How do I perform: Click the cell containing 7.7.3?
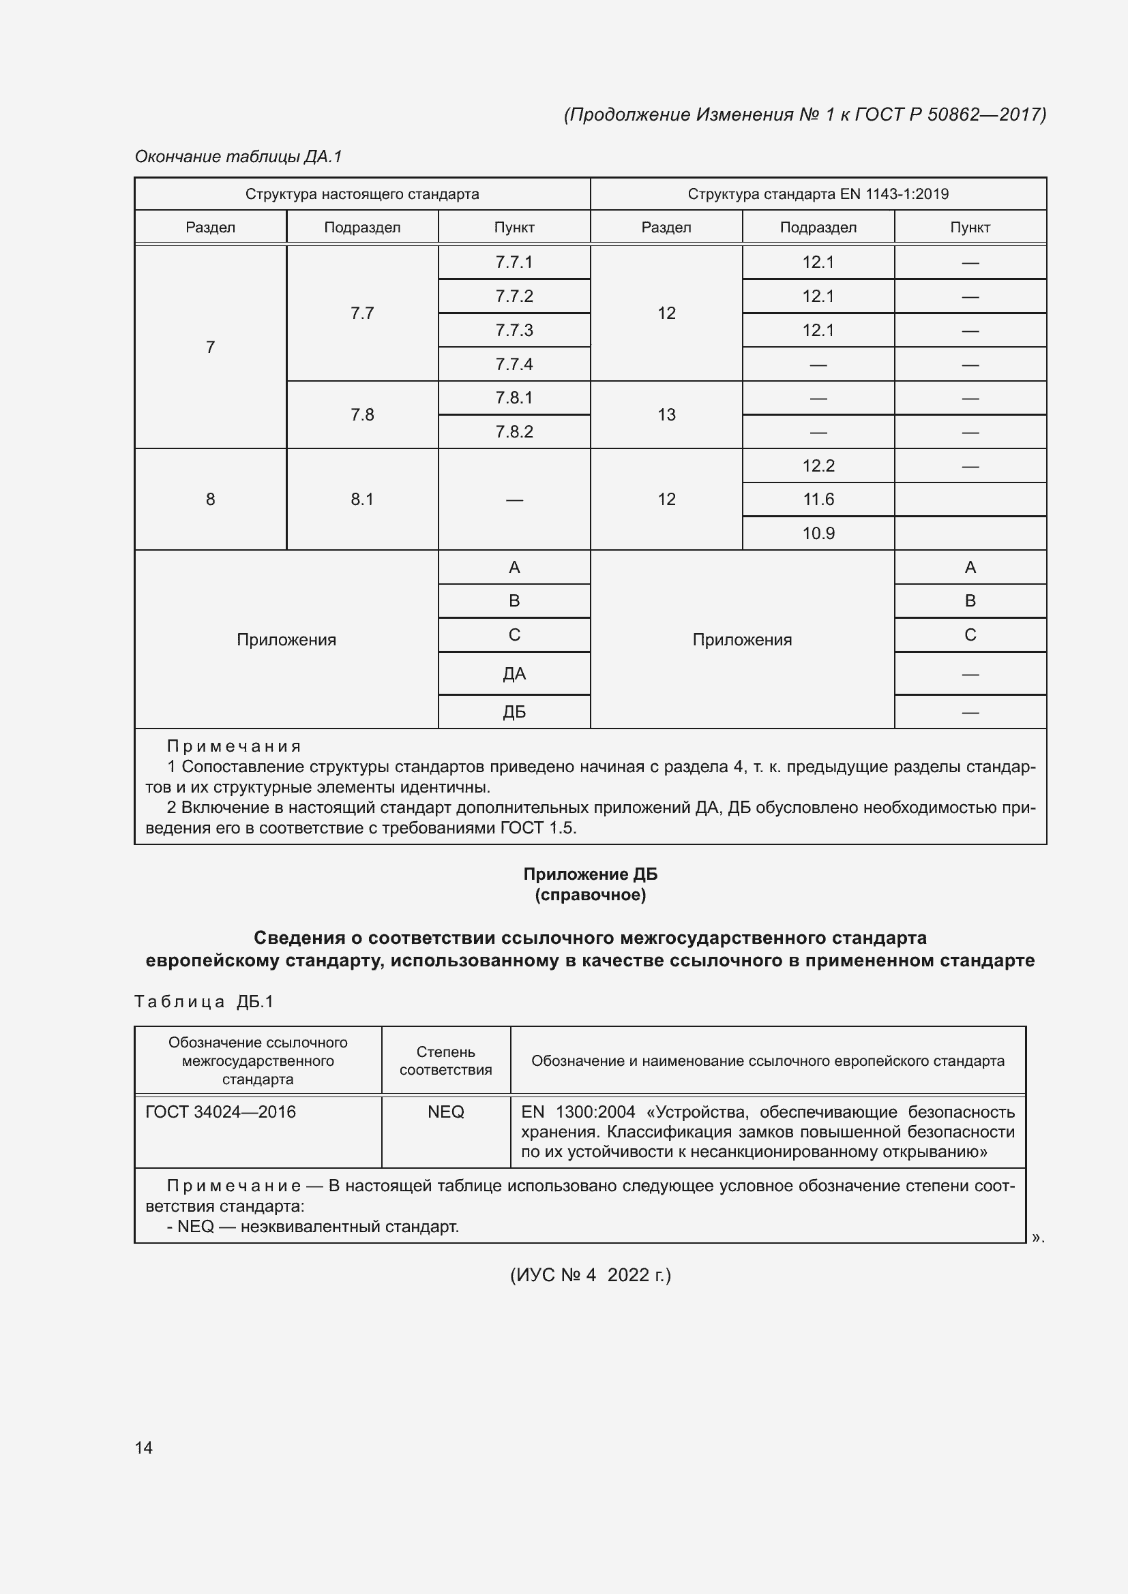pyautogui.click(x=514, y=330)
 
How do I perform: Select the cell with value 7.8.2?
pyautogui.click(x=514, y=432)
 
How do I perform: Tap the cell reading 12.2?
pyautogui.click(x=818, y=466)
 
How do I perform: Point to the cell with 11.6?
pyautogui.click(x=818, y=499)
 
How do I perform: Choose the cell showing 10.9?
pyautogui.click(x=818, y=533)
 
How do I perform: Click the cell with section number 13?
pyautogui.click(x=666, y=414)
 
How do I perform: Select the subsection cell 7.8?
pyautogui.click(x=362, y=414)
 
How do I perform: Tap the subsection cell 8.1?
pyautogui.click(x=362, y=499)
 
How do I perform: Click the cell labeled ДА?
pyautogui.click(x=514, y=673)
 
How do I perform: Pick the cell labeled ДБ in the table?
pyautogui.click(x=514, y=712)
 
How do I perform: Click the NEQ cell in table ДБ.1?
pyautogui.click(x=445, y=1112)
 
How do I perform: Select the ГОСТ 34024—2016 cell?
pyautogui.click(x=221, y=1112)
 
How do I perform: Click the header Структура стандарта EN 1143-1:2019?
pyautogui.click(x=818, y=194)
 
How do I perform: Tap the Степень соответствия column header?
pyautogui.click(x=445, y=1061)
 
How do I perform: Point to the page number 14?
pyautogui.click(x=144, y=1447)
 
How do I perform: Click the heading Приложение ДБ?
pyautogui.click(x=590, y=874)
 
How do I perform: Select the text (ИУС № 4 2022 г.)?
pyautogui.click(x=590, y=1274)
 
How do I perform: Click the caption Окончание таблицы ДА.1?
pyautogui.click(x=238, y=156)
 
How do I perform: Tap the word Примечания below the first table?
pyautogui.click(x=234, y=746)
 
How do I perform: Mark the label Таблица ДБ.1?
pyautogui.click(x=204, y=1001)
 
